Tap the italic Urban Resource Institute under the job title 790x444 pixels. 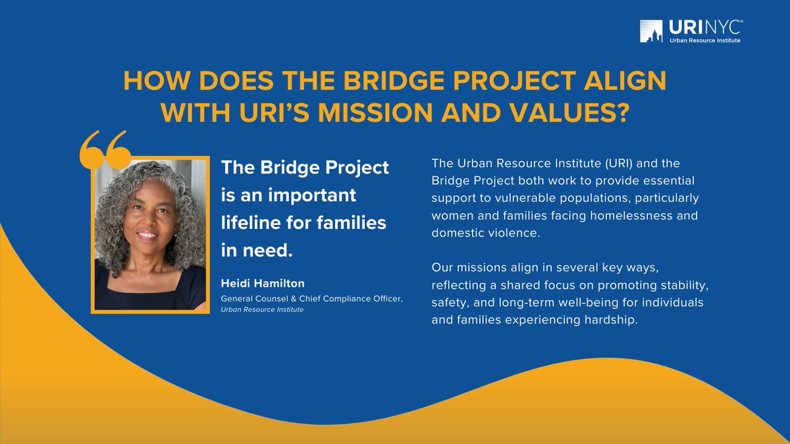coord(262,309)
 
